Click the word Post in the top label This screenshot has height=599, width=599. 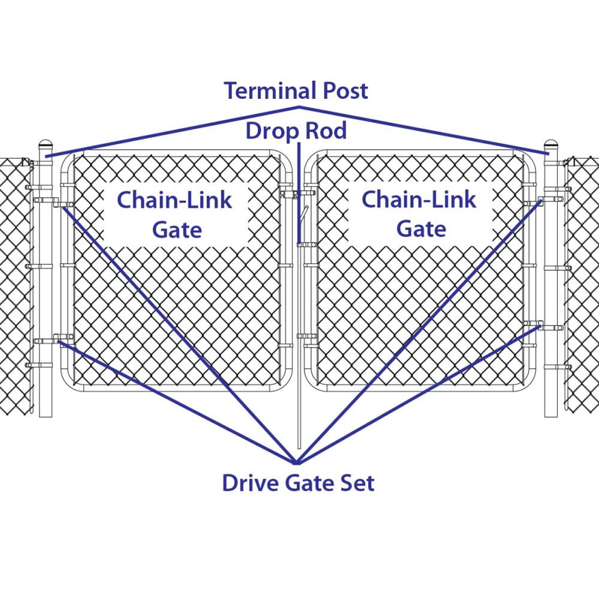346,91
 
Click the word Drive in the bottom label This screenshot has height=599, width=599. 250,483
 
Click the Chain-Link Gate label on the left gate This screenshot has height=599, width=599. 175,214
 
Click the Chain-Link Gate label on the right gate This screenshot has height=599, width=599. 420,214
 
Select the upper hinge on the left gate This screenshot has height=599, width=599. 60,202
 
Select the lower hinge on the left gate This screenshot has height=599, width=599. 60,339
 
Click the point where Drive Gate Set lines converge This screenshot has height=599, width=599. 297,462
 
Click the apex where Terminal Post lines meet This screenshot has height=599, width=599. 299,108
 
